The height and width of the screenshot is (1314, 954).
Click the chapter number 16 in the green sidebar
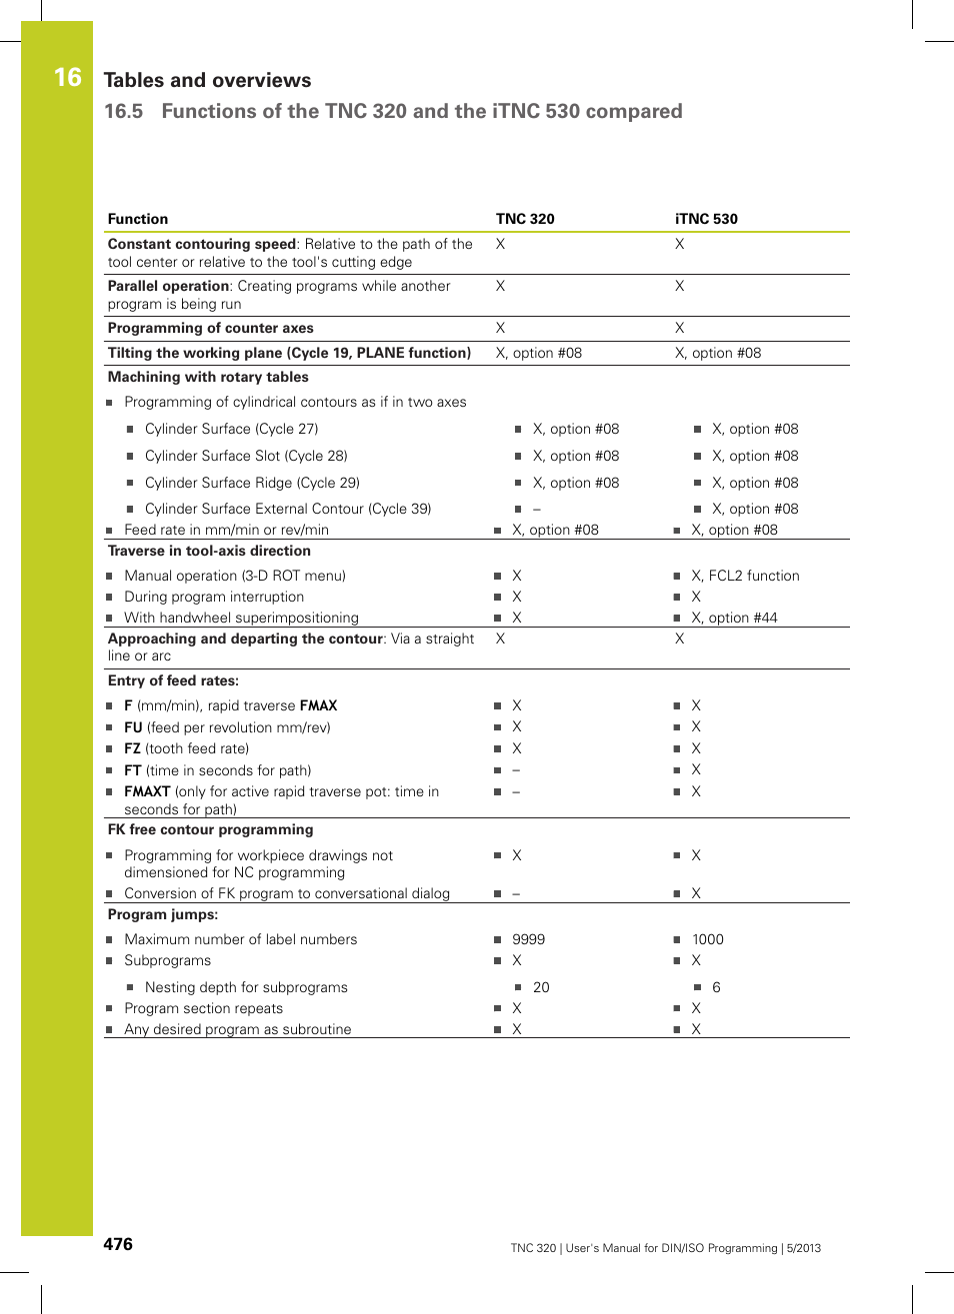click(67, 78)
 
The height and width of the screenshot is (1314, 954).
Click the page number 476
click(118, 1244)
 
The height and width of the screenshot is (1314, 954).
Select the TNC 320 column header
click(525, 219)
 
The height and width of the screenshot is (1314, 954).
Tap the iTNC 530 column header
click(706, 219)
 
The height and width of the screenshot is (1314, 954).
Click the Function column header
click(138, 219)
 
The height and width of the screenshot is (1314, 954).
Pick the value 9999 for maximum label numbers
click(528, 939)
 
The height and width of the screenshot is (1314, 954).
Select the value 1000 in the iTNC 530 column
click(707, 939)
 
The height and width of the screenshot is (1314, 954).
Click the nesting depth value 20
click(541, 987)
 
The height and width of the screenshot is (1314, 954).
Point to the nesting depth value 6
click(716, 987)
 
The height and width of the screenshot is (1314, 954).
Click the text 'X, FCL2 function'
click(745, 576)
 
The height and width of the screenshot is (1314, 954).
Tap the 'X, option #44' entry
click(734, 618)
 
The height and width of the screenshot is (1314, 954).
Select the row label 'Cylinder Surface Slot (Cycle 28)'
click(246, 456)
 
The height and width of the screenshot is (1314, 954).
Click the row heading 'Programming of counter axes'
click(210, 328)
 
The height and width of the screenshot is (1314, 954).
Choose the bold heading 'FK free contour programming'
click(210, 829)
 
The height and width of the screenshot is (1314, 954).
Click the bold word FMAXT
click(147, 791)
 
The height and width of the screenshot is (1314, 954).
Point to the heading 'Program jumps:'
click(162, 914)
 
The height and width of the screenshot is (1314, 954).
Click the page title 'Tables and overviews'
click(207, 80)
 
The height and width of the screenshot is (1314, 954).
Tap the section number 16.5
click(123, 111)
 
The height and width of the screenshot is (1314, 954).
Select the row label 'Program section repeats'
click(203, 1008)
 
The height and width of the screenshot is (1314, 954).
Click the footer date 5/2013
click(803, 1248)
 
